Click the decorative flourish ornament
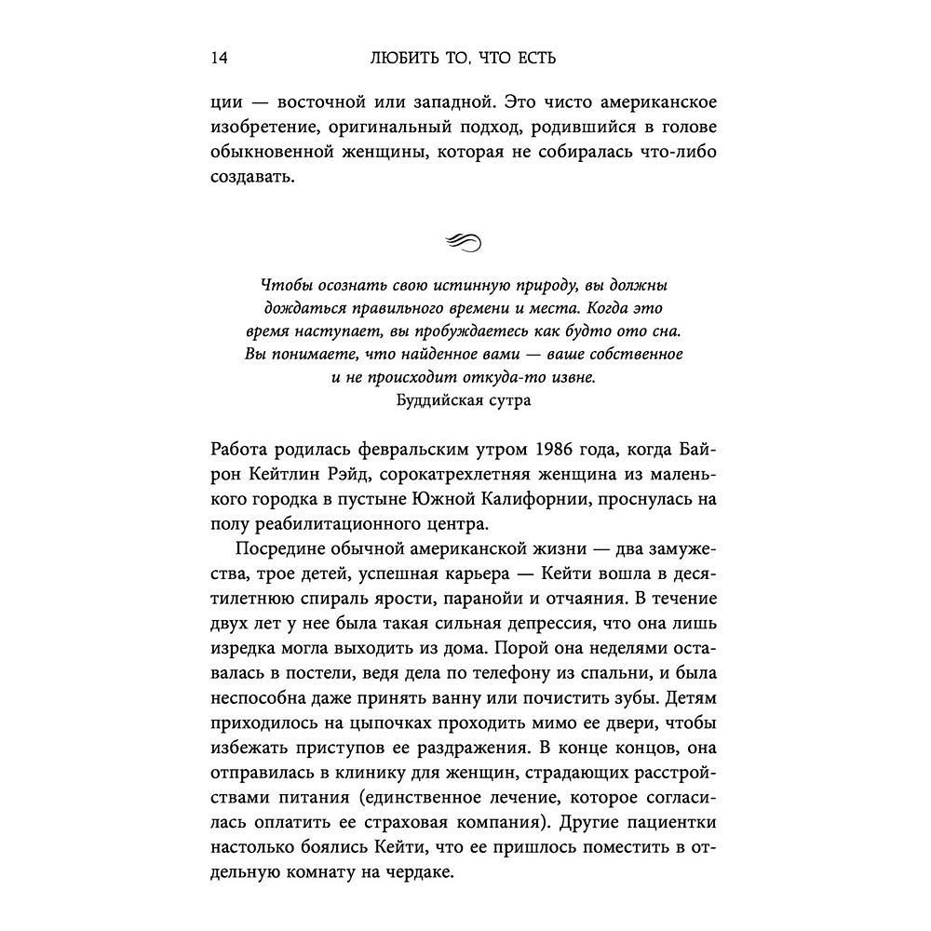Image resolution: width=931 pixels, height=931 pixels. click(465, 242)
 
